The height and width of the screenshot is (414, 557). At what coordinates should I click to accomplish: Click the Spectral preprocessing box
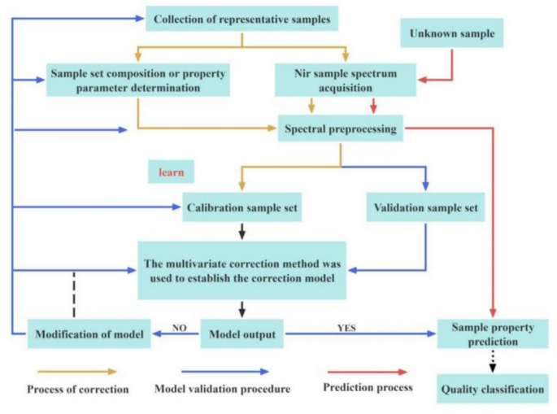click(340, 129)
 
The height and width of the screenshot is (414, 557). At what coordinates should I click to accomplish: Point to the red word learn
click(171, 172)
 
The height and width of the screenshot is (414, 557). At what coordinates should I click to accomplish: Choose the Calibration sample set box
click(241, 207)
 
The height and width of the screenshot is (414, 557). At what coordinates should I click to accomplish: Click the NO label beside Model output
click(181, 328)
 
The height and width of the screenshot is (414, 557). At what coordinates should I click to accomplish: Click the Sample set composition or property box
click(136, 79)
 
